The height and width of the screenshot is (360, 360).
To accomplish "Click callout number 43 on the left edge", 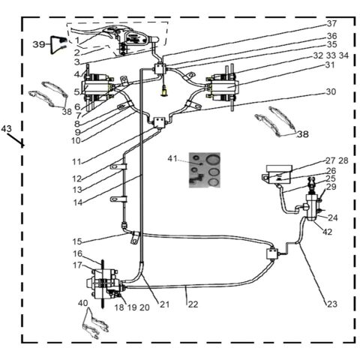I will pyautogui.click(x=7, y=130).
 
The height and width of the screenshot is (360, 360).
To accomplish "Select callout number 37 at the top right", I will pyautogui.click(x=331, y=23).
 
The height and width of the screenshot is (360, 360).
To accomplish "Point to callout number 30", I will pyautogui.click(x=331, y=92).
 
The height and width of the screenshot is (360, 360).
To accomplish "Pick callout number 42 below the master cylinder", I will pyautogui.click(x=327, y=232).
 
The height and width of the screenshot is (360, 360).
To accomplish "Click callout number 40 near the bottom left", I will pyautogui.click(x=83, y=302).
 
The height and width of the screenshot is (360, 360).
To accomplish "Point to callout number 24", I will pyautogui.click(x=333, y=218).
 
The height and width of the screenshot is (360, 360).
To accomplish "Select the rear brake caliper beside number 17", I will pyautogui.click(x=103, y=283).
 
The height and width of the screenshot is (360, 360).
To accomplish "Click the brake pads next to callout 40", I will pyautogui.click(x=94, y=323).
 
